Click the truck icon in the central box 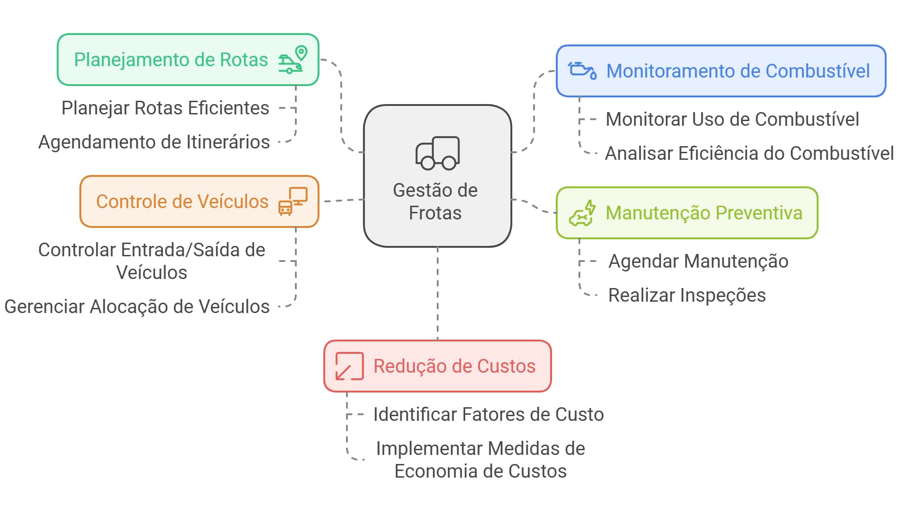pyautogui.click(x=438, y=153)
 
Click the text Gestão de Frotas pyautogui.click(x=435, y=201)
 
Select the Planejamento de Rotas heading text pyautogui.click(x=171, y=60)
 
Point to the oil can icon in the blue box pyautogui.click(x=582, y=70)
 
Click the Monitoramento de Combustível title pyautogui.click(x=738, y=71)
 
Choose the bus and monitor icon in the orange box pyautogui.click(x=293, y=201)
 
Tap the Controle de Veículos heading pyautogui.click(x=182, y=202)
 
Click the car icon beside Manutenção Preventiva pyautogui.click(x=582, y=214)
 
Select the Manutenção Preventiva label pyautogui.click(x=704, y=213)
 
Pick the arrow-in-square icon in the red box pyautogui.click(x=349, y=367)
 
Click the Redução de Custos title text pyautogui.click(x=454, y=367)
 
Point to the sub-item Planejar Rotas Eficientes pyautogui.click(x=165, y=108)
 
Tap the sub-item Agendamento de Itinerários pyautogui.click(x=154, y=142)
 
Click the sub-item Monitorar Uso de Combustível pyautogui.click(x=732, y=120)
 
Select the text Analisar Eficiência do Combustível pyautogui.click(x=749, y=154)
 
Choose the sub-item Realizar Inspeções pyautogui.click(x=687, y=296)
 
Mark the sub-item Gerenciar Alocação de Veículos pyautogui.click(x=137, y=307)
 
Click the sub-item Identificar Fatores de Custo pyautogui.click(x=488, y=415)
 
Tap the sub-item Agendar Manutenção pyautogui.click(x=698, y=262)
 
